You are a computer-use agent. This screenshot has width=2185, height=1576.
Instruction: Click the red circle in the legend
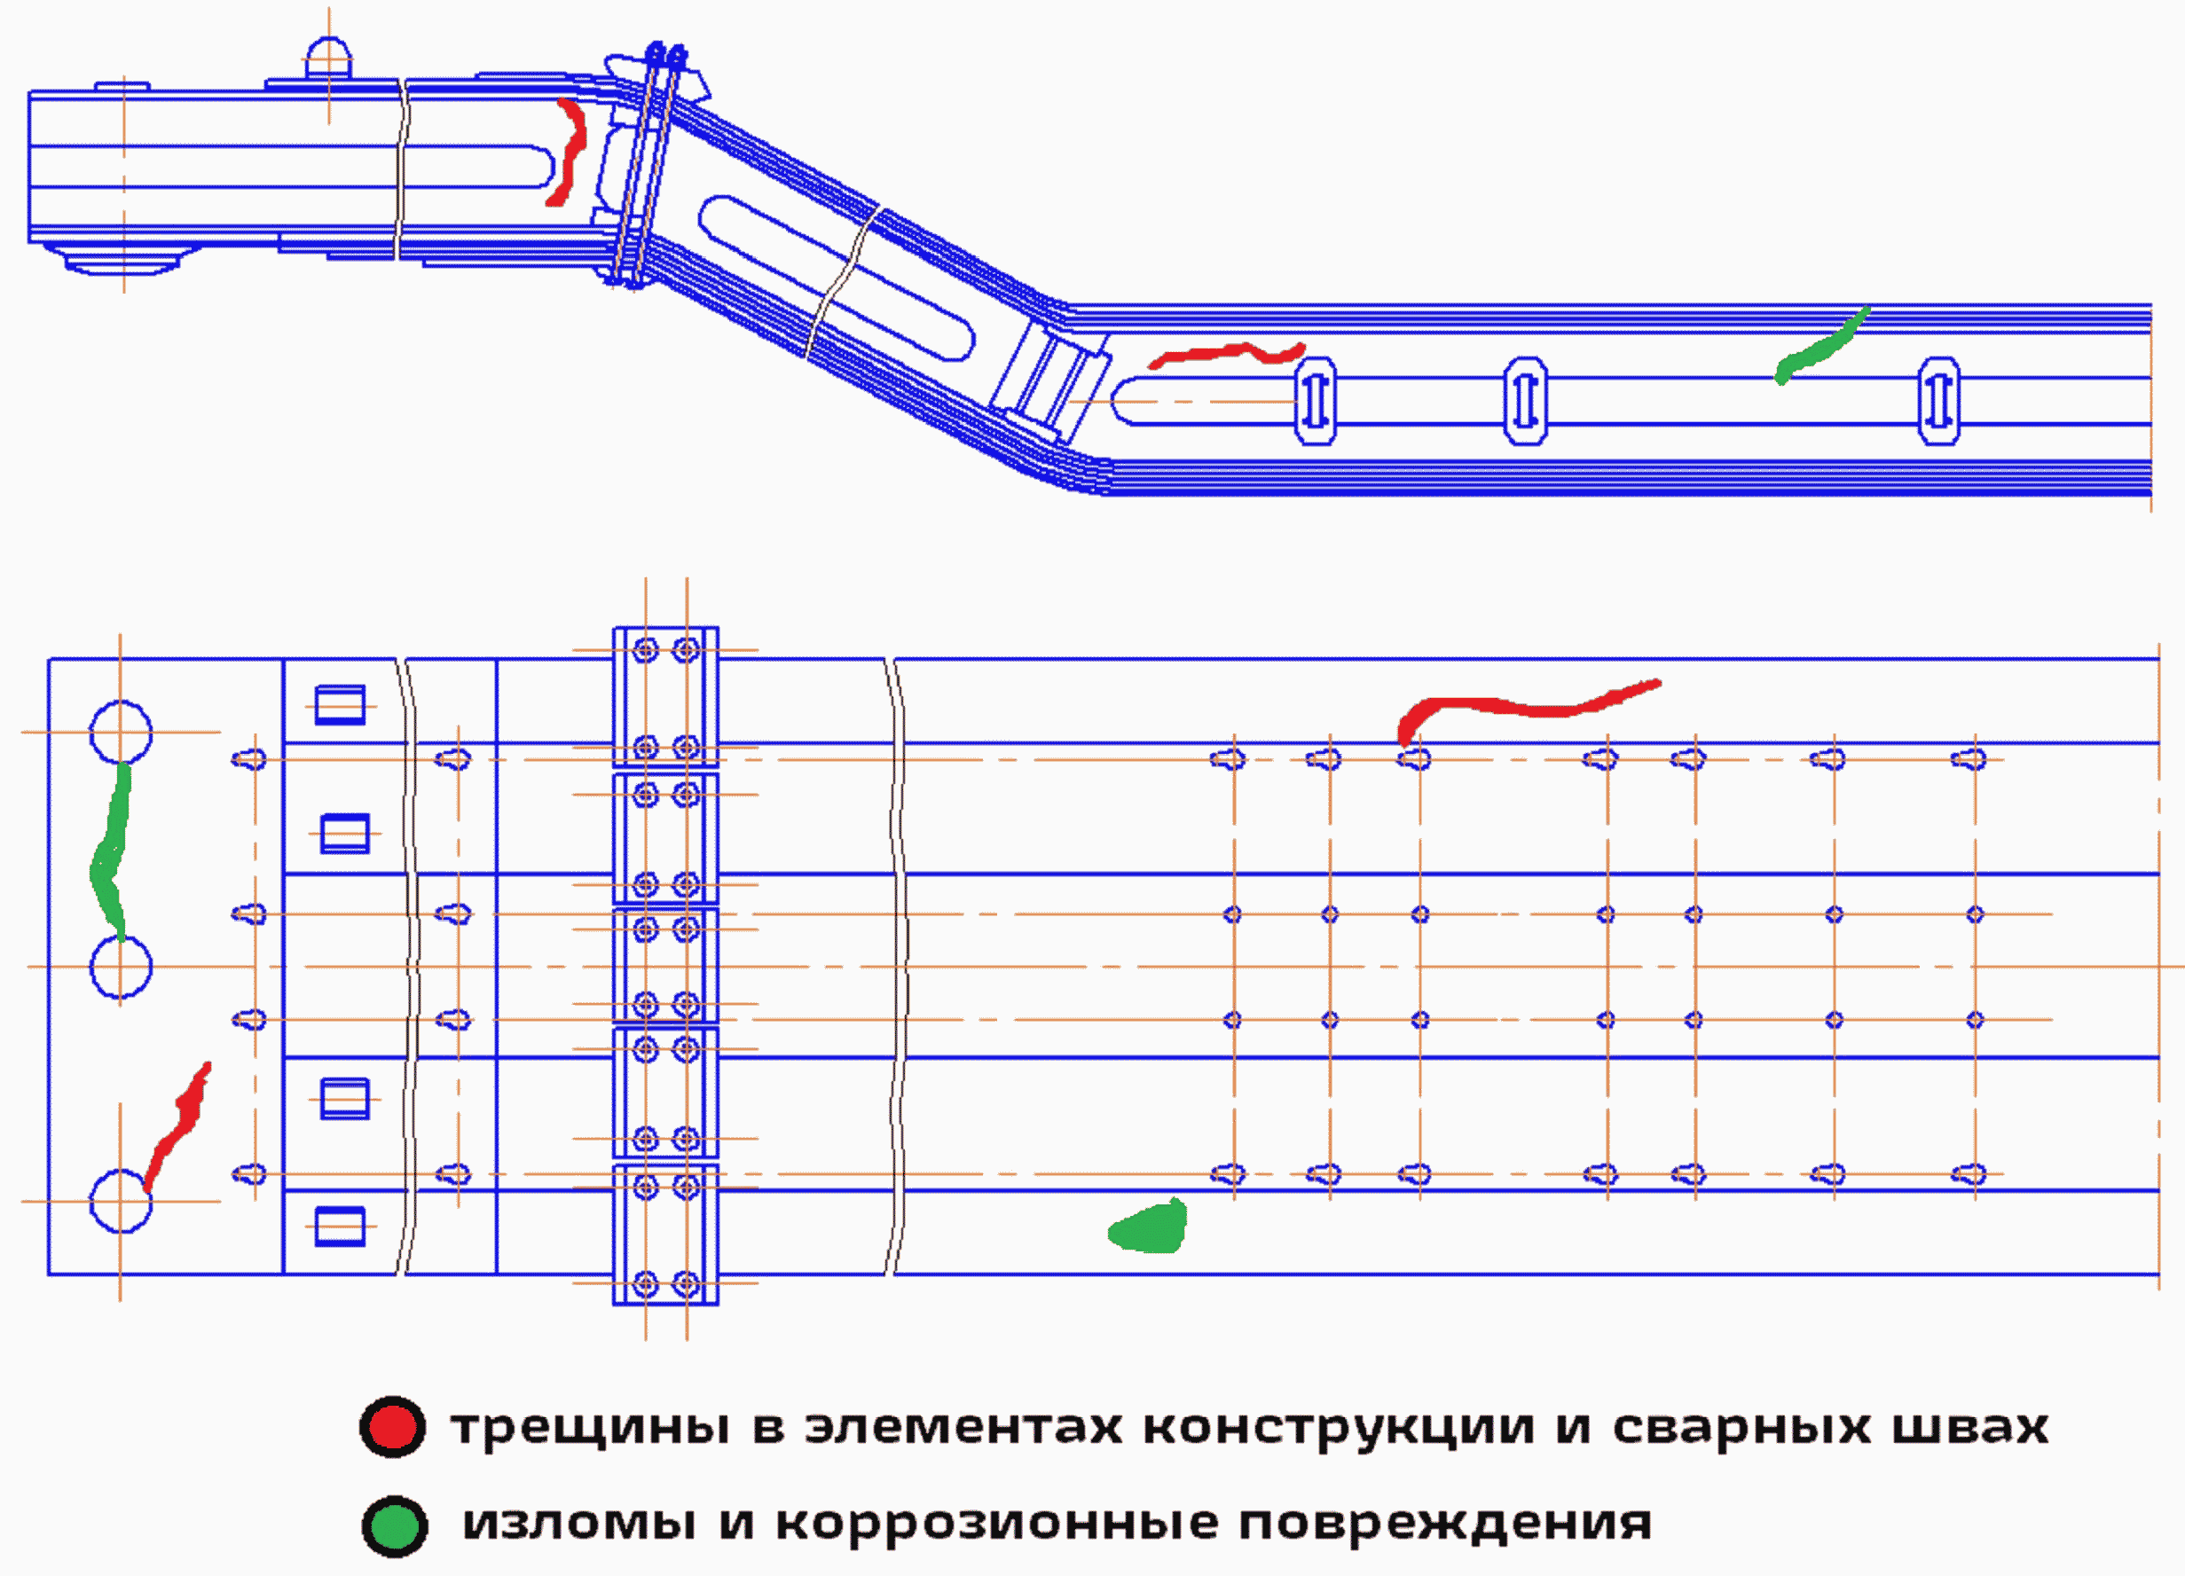click(x=392, y=1427)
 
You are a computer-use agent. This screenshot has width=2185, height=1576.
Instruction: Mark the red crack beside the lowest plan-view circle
click(x=177, y=1126)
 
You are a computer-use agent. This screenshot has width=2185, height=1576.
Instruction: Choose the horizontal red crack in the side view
click(x=1226, y=355)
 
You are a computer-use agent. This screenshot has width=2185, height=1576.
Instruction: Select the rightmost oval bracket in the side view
click(x=1938, y=401)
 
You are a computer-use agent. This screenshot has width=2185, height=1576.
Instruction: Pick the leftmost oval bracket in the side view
click(x=1315, y=401)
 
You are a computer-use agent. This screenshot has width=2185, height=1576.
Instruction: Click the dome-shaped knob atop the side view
click(x=328, y=58)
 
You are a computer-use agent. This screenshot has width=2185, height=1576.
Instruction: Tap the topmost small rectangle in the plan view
click(x=341, y=705)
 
